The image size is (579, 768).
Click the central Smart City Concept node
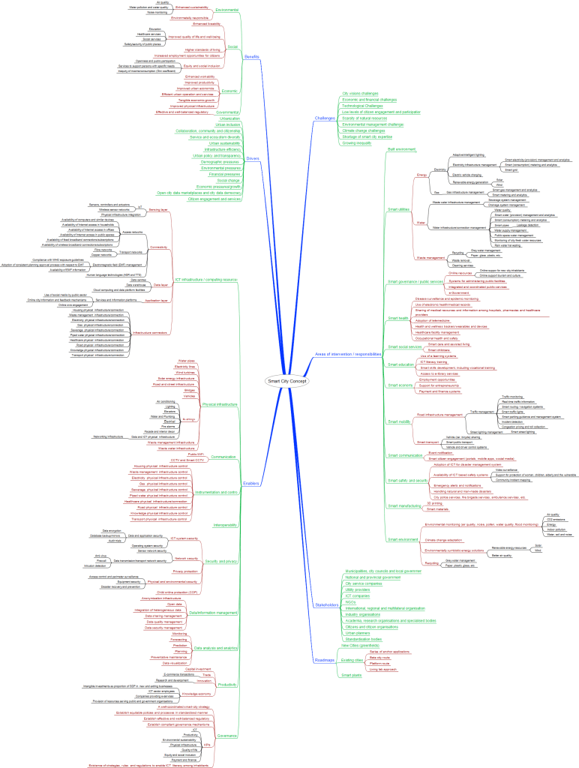pos(287,382)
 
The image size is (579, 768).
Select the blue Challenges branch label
pos(325,118)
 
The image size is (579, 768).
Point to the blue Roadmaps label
pos(325,660)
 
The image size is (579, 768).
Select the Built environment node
pos(400,149)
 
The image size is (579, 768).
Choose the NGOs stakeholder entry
pos(350,601)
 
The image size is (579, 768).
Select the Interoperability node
pos(225,525)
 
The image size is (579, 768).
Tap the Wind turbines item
pos(185,373)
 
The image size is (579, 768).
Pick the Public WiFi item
pos(195,454)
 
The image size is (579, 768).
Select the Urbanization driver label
pos(230,118)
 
